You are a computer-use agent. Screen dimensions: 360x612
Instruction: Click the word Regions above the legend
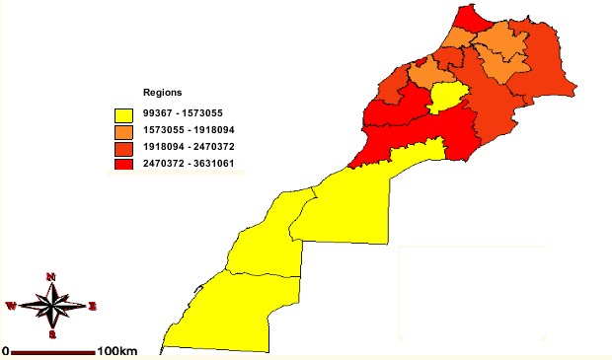tap(161, 92)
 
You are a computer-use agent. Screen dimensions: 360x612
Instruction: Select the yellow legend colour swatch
tap(123, 114)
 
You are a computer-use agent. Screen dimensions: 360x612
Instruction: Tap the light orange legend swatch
tap(123, 130)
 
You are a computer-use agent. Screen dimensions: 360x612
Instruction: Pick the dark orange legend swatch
tap(123, 146)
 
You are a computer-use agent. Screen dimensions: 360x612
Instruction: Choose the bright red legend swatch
tap(123, 163)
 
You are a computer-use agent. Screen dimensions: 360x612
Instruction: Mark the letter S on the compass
tap(52, 334)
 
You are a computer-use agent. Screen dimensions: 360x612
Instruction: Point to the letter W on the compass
tap(11, 306)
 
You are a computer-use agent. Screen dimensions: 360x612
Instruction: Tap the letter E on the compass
tap(93, 306)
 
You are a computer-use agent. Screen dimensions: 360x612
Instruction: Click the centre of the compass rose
tap(52, 305)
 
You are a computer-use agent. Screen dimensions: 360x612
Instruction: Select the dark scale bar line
tap(53, 351)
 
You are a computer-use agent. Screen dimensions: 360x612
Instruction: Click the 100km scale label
tap(116, 351)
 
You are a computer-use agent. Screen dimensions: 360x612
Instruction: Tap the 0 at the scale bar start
tap(5, 351)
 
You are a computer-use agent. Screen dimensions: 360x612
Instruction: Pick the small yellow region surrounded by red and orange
tap(447, 98)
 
